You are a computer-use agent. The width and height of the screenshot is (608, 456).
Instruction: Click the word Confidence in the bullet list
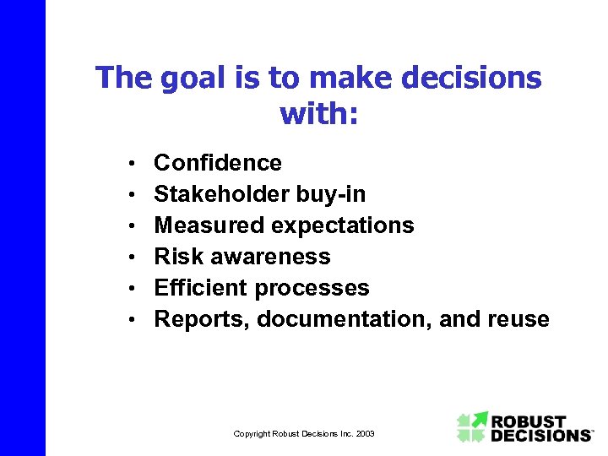(218, 162)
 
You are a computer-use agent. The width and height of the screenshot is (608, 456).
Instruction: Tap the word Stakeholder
(222, 194)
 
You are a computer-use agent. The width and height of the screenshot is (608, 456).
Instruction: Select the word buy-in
(331, 194)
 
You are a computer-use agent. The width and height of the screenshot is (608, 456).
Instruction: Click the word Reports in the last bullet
(202, 319)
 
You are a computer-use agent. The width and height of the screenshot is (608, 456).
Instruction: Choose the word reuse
(518, 319)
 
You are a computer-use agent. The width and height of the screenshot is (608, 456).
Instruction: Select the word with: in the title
(318, 112)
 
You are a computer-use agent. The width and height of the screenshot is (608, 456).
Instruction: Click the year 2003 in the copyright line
(365, 434)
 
